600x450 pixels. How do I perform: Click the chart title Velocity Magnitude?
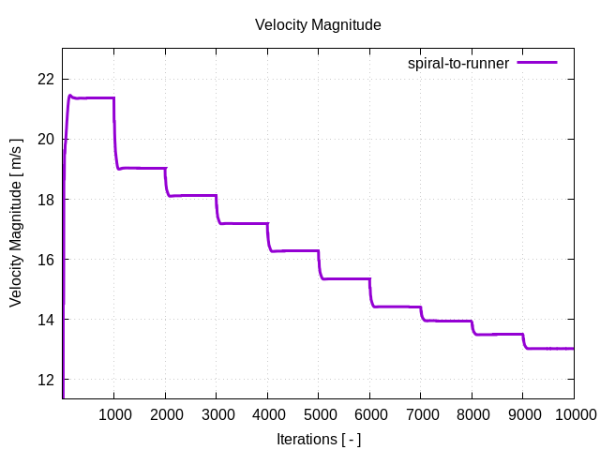point(318,25)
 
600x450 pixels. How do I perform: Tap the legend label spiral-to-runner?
point(457,63)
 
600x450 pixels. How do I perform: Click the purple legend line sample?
point(536,63)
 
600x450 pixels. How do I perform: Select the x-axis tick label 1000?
point(114,413)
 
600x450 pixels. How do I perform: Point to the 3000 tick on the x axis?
point(217,413)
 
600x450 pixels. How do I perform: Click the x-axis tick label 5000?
point(319,413)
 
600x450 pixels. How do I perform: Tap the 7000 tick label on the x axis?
point(421,413)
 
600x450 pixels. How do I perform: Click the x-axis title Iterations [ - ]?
point(318,439)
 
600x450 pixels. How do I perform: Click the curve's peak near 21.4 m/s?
point(70,96)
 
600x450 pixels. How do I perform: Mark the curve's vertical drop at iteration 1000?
point(114,131)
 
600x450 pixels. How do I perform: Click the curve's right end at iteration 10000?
point(573,348)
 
